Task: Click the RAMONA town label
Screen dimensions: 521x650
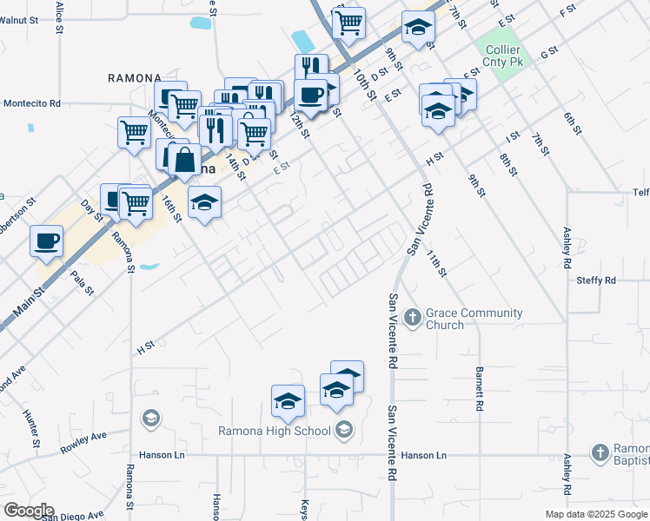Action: [x=135, y=78]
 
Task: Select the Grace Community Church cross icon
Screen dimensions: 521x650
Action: [x=412, y=319]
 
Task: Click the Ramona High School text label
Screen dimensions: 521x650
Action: [x=274, y=431]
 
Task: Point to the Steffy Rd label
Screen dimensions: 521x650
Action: [x=596, y=280]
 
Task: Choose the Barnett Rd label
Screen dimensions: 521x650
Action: [x=479, y=388]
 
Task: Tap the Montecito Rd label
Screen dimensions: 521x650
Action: [x=31, y=102]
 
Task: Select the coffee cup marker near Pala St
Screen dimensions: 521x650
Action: [x=46, y=240]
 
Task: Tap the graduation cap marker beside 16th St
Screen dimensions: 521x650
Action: [x=204, y=203]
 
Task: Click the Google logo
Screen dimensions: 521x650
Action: [x=28, y=511]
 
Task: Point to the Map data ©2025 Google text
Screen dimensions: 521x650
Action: [x=596, y=514]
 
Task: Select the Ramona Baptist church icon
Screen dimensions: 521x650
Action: [x=600, y=452]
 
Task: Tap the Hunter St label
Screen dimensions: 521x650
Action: [x=31, y=429]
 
